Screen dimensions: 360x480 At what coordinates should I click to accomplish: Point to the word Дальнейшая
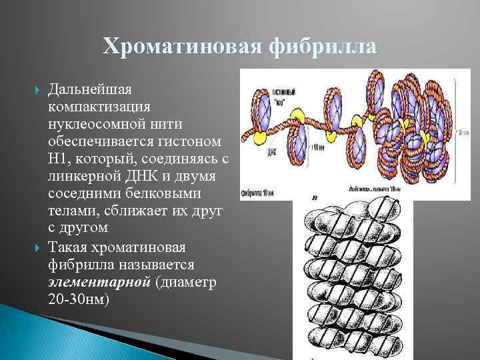click(x=91, y=89)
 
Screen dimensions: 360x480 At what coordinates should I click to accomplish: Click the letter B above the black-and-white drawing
click(x=314, y=199)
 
